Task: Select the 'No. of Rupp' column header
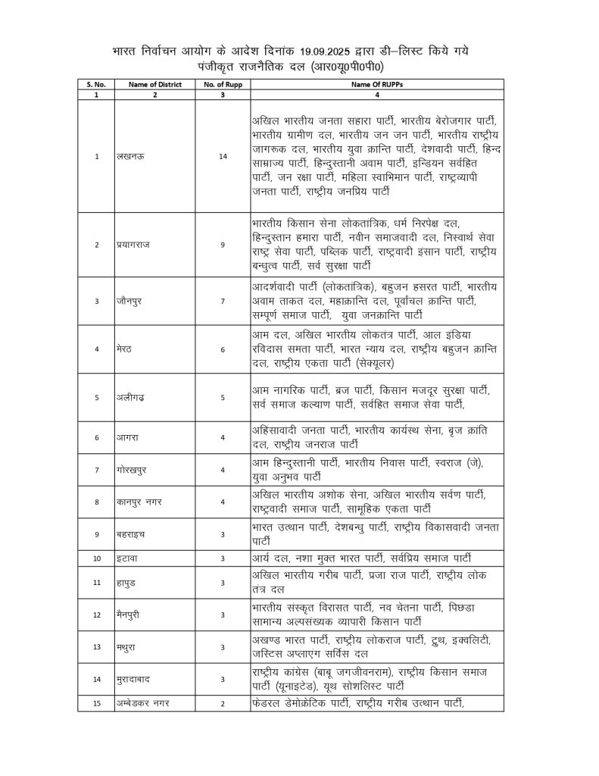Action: point(223,84)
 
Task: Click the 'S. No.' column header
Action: point(96,84)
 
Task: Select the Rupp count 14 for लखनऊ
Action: point(223,156)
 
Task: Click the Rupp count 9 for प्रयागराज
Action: point(223,245)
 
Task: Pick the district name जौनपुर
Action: point(127,302)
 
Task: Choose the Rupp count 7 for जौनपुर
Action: point(223,302)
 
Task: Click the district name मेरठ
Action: point(123,349)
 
